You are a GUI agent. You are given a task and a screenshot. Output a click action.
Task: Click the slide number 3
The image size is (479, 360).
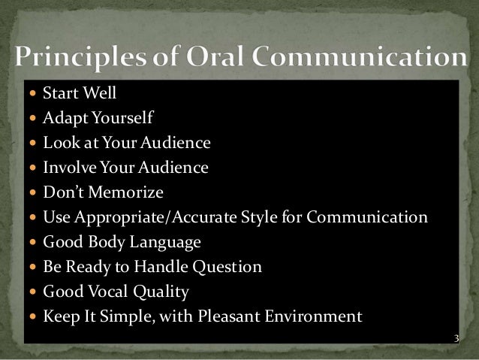coord(454,340)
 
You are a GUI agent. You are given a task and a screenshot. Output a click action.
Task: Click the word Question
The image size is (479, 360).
coord(229,266)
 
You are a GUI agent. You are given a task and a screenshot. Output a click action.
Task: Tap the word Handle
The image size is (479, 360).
coord(164,266)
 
